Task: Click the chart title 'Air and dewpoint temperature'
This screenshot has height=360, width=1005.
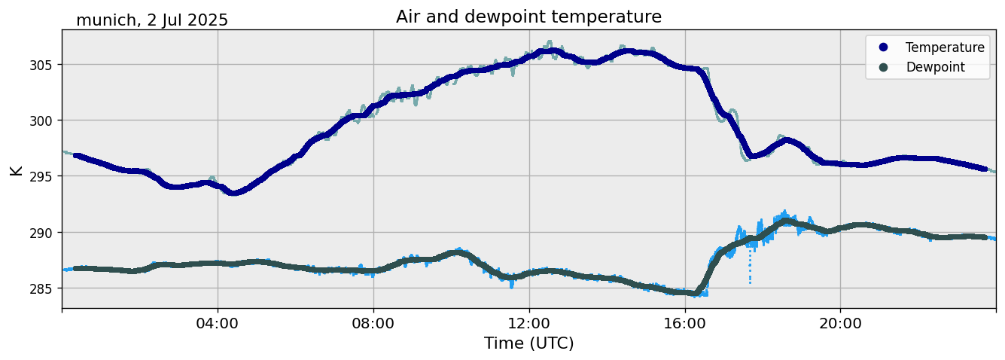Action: tap(528, 17)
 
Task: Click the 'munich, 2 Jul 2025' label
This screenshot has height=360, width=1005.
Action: tap(152, 20)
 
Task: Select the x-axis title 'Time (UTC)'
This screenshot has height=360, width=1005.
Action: tap(528, 343)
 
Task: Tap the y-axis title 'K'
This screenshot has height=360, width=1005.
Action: tap(16, 170)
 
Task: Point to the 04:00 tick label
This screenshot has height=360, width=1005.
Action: tap(218, 323)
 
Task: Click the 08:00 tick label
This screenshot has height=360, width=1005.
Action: tap(373, 323)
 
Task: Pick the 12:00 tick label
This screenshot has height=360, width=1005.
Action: tap(529, 323)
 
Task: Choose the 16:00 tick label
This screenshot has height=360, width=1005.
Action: tap(685, 323)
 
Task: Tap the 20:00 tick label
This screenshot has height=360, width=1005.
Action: tap(840, 323)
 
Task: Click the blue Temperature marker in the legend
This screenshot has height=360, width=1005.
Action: tap(883, 47)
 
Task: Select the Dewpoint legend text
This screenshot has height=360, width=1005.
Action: tap(935, 67)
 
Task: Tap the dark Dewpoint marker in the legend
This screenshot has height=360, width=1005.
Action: tap(883, 67)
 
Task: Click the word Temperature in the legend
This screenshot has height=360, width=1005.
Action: tap(945, 47)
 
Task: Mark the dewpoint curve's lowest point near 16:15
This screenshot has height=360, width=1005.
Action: tap(696, 293)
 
